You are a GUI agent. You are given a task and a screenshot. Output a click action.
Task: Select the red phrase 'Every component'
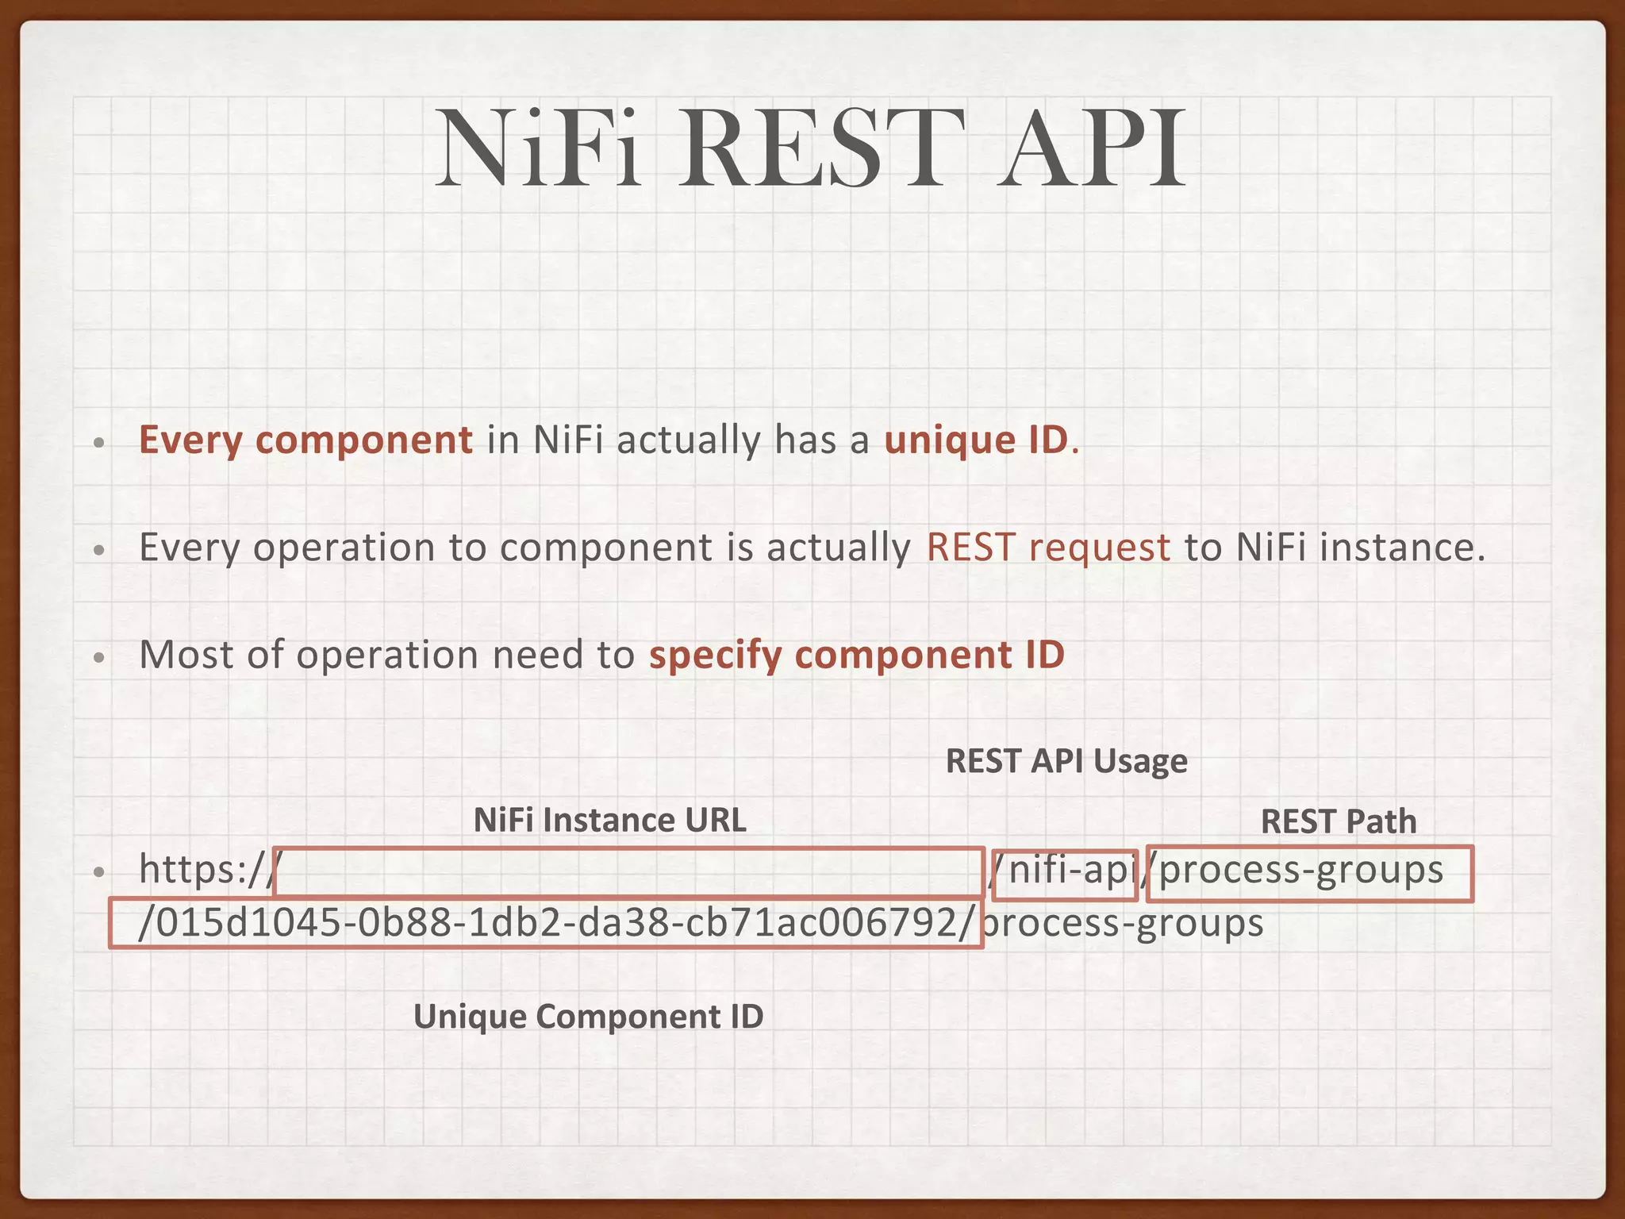(x=305, y=440)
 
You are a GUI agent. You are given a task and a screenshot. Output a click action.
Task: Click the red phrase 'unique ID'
(x=977, y=440)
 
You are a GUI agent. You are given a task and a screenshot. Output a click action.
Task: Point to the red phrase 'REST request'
(x=1048, y=548)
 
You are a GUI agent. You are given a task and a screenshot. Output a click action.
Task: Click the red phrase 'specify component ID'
(x=857, y=656)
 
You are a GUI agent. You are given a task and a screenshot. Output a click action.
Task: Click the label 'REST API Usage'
(x=1066, y=761)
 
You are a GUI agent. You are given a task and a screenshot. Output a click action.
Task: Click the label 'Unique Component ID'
(x=588, y=1017)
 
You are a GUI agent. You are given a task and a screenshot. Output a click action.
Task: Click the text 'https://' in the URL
(x=205, y=871)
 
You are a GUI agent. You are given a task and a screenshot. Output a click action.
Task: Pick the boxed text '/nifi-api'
(x=1065, y=872)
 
